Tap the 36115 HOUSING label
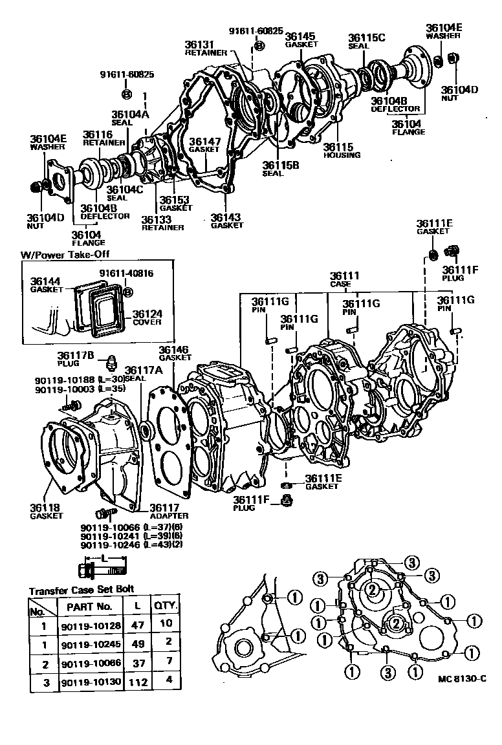pos(342,151)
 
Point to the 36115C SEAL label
pos(366,41)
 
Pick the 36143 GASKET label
pos(226,221)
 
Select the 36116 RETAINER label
pos(98,138)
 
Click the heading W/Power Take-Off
pos(66,255)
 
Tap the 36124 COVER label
pos(147,318)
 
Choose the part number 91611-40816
pos(126,274)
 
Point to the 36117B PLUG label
pos(76,358)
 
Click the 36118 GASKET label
pos(46,511)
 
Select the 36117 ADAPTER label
pos(169,511)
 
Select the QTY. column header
pos(166,606)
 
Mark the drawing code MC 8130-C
pos(461,678)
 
